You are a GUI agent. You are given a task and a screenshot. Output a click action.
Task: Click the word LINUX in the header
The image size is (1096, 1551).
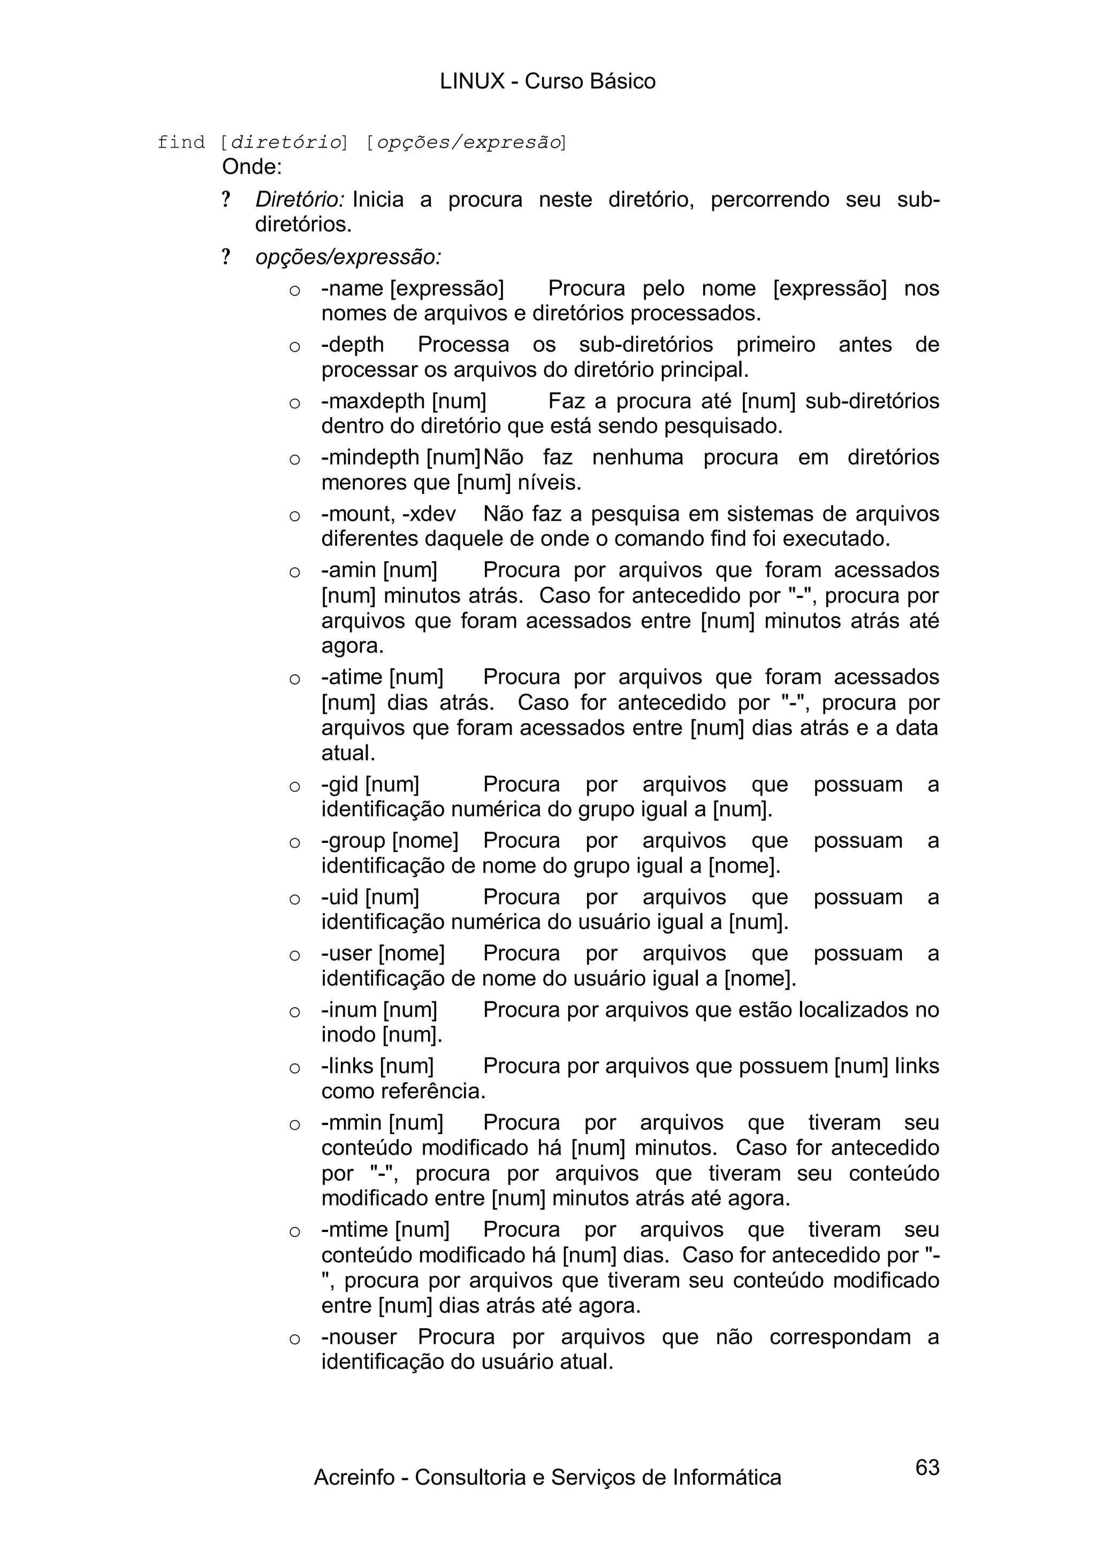coord(472,82)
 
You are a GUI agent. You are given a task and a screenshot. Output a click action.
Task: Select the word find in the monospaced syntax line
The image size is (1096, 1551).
coord(180,142)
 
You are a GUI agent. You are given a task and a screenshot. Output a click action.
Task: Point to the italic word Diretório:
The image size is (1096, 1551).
coord(300,200)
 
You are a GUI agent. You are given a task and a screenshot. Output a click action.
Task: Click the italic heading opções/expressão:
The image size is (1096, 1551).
coord(348,257)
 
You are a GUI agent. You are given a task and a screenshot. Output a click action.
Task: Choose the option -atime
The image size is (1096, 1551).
coord(352,677)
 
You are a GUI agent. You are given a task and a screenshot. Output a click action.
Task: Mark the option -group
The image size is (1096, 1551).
coord(353,841)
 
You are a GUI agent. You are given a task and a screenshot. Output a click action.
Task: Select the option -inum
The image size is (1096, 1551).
coord(349,1010)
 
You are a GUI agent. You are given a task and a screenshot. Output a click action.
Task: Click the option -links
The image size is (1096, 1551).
coord(347,1066)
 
